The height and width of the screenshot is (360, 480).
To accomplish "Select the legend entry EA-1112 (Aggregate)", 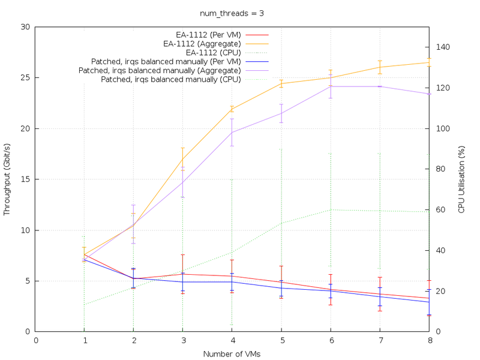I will (x=202, y=43).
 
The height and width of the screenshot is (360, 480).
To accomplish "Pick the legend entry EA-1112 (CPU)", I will (x=214, y=52).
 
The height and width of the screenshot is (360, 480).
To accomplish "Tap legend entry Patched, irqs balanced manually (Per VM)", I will (x=166, y=61).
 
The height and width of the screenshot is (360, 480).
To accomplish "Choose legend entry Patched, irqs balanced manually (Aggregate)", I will (x=160, y=70).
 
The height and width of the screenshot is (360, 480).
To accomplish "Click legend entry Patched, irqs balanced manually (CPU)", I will (x=171, y=79).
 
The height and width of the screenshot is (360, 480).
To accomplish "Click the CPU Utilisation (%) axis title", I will (x=461, y=179).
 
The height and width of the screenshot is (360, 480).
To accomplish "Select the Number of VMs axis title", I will (x=232, y=354).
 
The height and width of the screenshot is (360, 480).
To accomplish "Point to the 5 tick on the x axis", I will (x=281, y=340).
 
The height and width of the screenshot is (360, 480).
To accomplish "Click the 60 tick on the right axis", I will (x=440, y=209).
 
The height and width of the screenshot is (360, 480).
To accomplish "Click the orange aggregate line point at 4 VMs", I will (x=232, y=109).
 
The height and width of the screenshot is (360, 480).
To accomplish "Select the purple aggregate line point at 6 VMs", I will (x=330, y=86).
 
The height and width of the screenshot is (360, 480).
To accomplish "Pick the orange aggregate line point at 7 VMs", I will (x=379, y=67).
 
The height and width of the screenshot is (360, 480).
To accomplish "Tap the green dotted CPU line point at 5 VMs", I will (x=281, y=223).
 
